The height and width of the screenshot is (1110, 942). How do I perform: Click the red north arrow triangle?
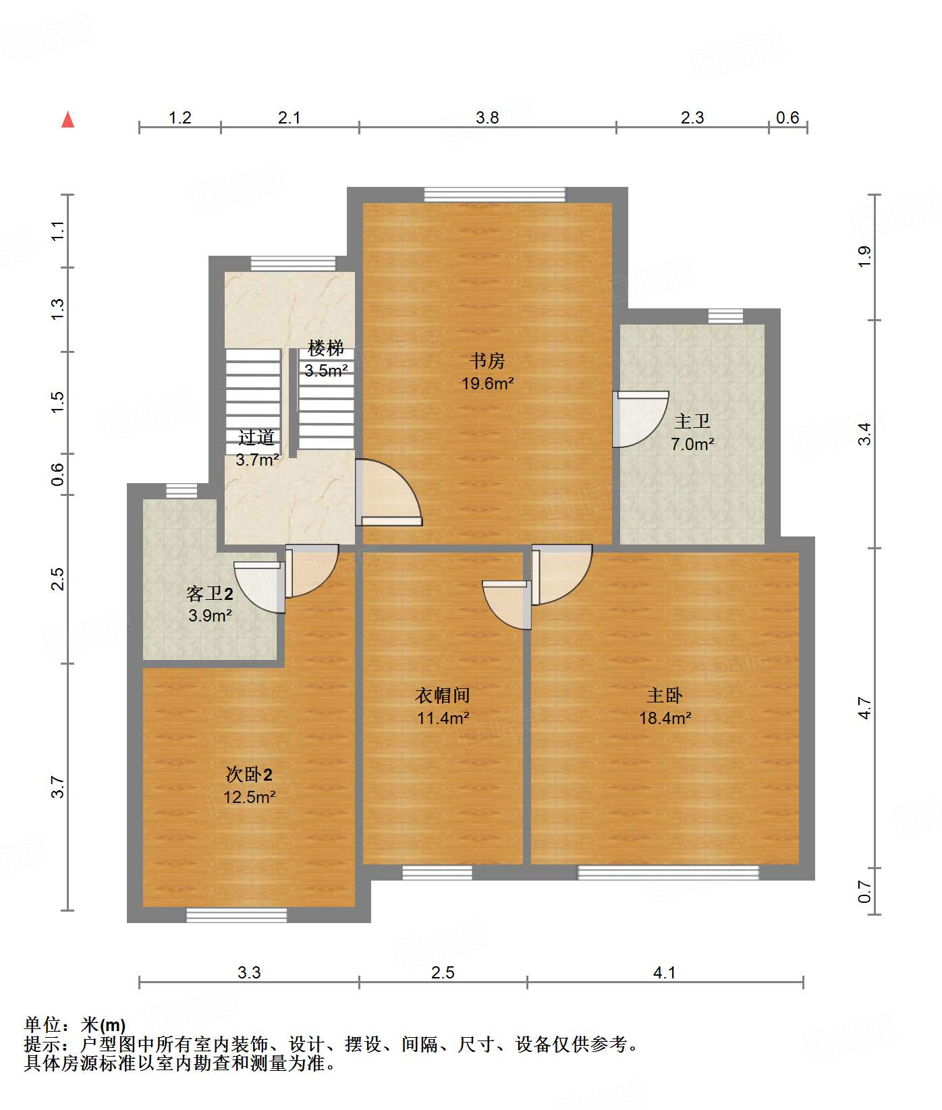tap(67, 120)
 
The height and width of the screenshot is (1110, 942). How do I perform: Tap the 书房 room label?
tap(487, 361)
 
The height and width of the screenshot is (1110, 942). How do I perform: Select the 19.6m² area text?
tap(487, 384)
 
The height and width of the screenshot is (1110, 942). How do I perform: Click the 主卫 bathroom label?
tap(692, 422)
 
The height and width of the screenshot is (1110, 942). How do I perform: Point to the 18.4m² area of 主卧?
tap(665, 718)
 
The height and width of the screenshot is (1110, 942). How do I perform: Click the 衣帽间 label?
tap(442, 695)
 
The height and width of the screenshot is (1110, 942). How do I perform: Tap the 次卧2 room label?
tap(249, 775)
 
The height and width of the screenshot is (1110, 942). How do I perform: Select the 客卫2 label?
tap(210, 594)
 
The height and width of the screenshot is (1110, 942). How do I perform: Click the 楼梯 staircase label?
tap(326, 348)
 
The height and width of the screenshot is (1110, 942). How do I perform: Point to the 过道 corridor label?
tap(256, 438)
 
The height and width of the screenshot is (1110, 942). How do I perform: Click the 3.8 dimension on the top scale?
tap(487, 118)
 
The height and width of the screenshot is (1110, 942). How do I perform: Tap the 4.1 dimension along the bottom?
tap(665, 972)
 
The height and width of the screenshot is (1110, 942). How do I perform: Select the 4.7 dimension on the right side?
tap(865, 709)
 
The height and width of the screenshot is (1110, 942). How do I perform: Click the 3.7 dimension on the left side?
tap(58, 787)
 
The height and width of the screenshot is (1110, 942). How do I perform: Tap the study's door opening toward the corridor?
tap(388, 493)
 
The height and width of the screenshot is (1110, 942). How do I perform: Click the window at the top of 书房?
tap(495, 194)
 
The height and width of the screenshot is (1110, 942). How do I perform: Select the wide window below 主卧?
tap(668, 872)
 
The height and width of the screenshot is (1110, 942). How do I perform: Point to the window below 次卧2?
tap(236, 915)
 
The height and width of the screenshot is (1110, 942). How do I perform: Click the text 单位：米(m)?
tap(75, 1025)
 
